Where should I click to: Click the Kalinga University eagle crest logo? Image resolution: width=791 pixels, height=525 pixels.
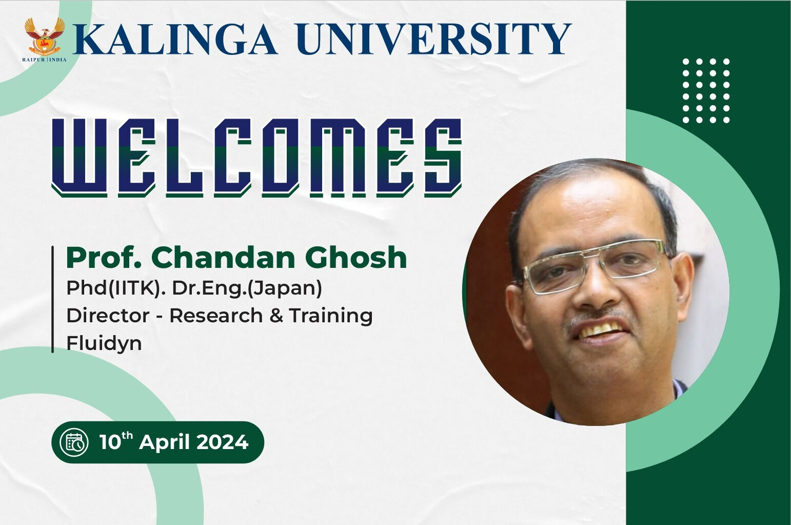coord(45,37)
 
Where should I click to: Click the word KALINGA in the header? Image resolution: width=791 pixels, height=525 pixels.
coord(175,38)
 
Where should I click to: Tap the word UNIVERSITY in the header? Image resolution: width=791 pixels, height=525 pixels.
coord(434,38)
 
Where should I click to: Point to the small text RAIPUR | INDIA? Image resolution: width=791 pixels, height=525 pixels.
coord(44,60)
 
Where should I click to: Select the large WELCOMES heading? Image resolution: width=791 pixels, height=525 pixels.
coord(256,158)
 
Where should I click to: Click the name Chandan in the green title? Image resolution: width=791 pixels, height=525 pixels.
coord(223,258)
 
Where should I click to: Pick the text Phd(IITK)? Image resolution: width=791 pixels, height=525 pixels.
coord(116,288)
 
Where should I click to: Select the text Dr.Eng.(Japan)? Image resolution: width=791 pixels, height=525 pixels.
coord(247,288)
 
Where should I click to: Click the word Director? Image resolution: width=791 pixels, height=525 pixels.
coord(108,315)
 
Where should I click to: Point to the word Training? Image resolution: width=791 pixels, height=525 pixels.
coord(331,316)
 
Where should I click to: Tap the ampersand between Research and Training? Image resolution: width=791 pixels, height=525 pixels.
coord(276,316)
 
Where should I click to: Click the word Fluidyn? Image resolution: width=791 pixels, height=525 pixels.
coord(104,343)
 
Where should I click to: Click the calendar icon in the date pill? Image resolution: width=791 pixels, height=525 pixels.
coord(74,442)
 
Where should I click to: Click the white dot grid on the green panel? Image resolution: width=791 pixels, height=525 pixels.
coord(706,91)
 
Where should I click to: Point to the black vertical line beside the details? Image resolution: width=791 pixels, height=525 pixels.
coord(53,299)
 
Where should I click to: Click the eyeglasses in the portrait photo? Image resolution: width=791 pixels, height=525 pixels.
coord(596,266)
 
